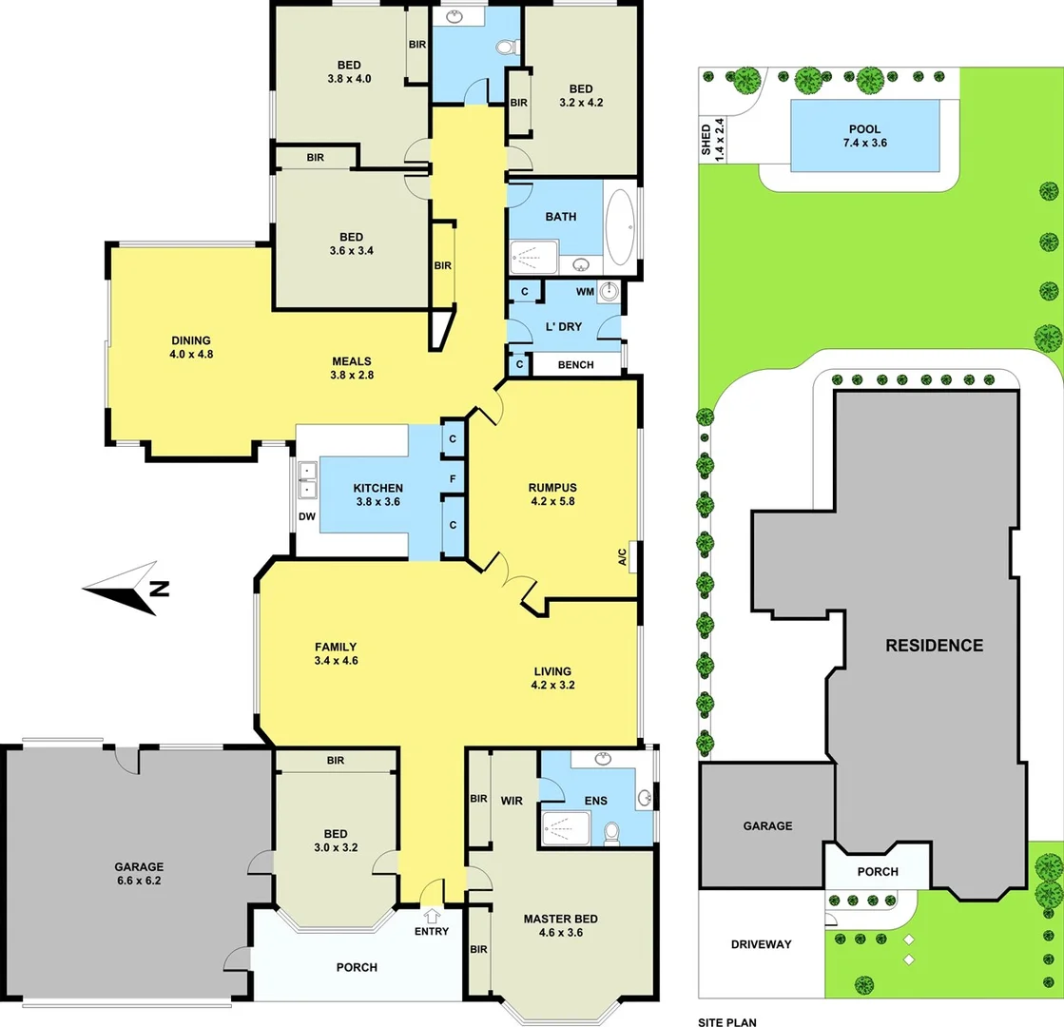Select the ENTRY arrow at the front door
pyautogui.click(x=433, y=917)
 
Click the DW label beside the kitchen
pyautogui.click(x=307, y=516)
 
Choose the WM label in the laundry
pyautogui.click(x=585, y=293)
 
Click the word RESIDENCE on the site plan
pyautogui.click(x=934, y=645)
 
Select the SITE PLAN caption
pyautogui.click(x=727, y=1021)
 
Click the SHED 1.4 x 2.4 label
pyautogui.click(x=712, y=140)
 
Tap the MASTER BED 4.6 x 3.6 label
pyautogui.click(x=560, y=925)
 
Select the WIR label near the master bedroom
pyautogui.click(x=512, y=801)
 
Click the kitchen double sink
pyautogui.click(x=307, y=480)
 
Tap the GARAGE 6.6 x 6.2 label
pyautogui.click(x=139, y=874)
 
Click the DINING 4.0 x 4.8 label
pyautogui.click(x=191, y=348)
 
